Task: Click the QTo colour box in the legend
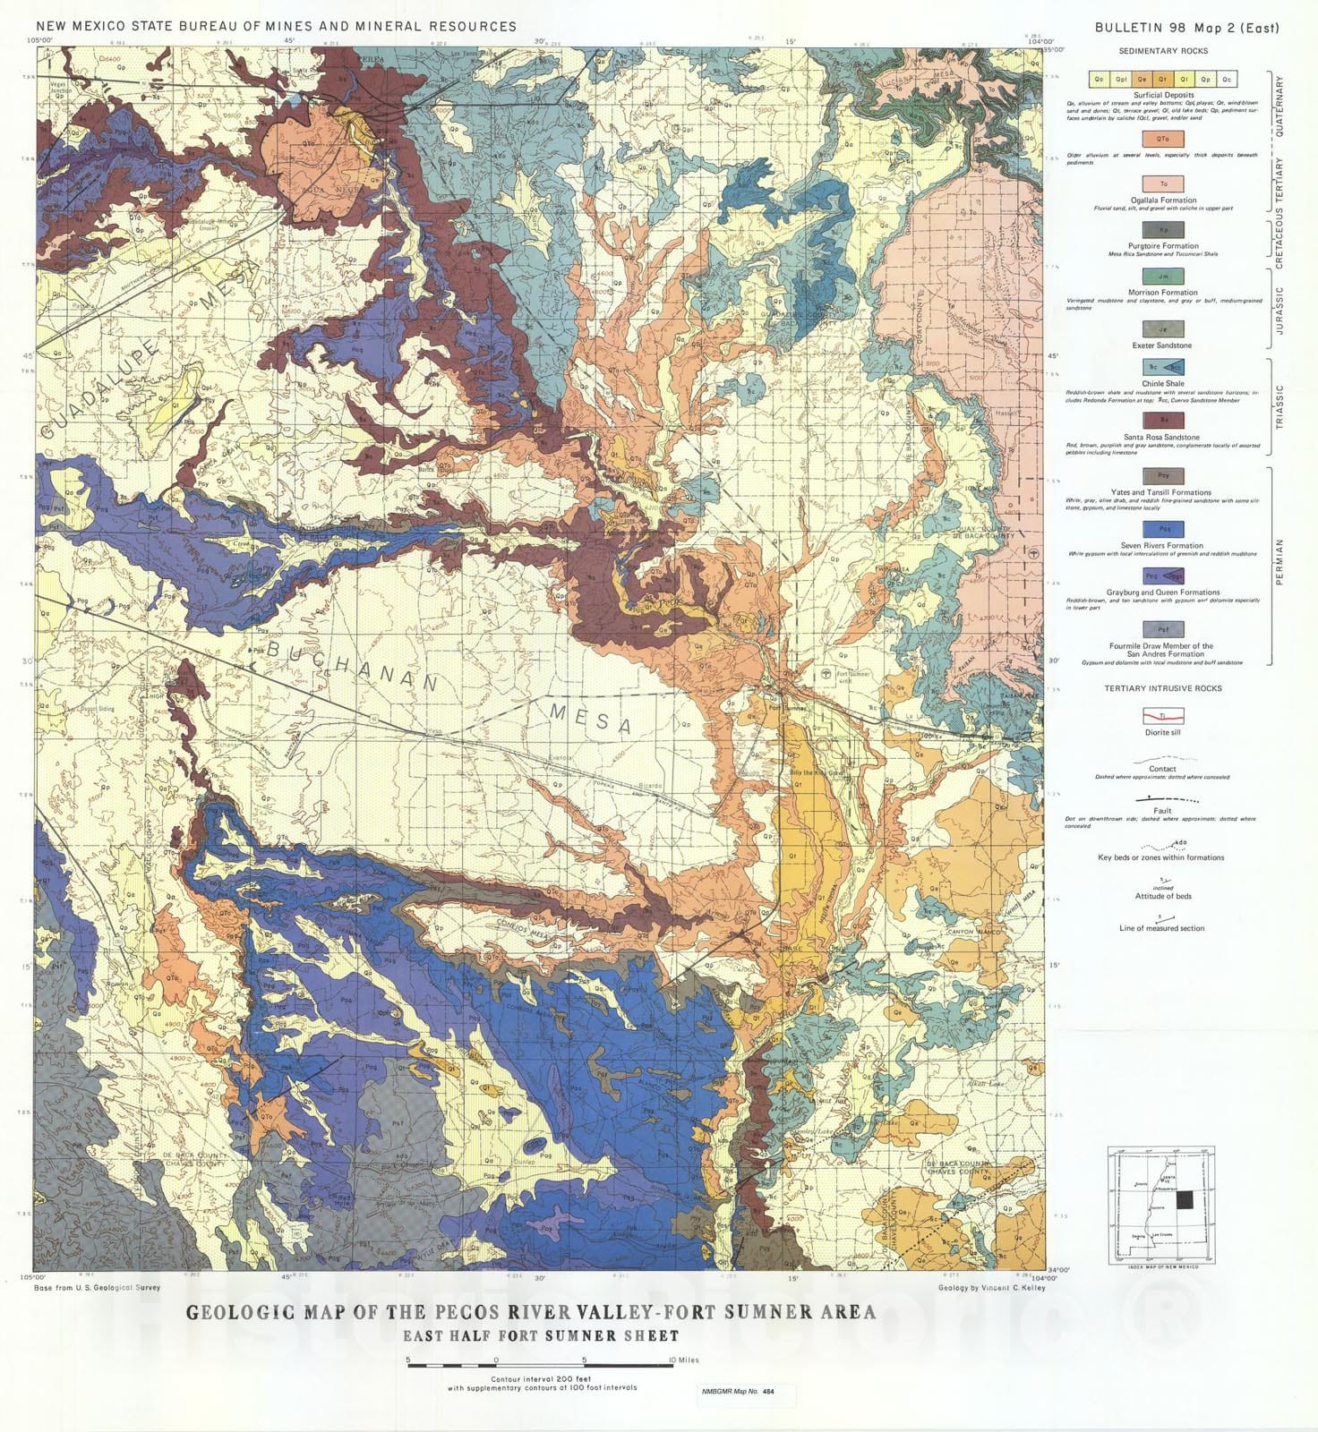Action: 1162,139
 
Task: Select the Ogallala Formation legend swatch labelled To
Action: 1162,184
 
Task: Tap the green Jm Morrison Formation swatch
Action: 1162,277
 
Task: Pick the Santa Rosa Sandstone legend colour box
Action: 1162,419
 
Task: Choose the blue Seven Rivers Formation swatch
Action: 1162,529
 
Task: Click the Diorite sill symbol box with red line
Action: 1162,716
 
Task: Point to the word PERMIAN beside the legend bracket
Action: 1279,562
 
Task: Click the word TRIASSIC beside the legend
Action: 1279,406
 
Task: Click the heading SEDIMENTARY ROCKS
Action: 1162,51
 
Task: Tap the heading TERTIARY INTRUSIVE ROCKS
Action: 1162,688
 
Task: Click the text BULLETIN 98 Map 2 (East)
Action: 1187,28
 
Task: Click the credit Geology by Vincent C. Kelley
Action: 991,1287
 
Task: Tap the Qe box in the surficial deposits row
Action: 1141,80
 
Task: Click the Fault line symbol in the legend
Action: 1162,798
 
